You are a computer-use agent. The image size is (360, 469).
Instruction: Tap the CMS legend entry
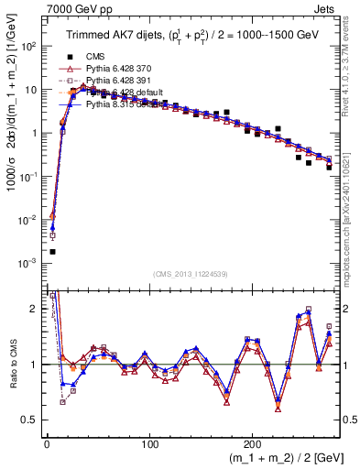point(95,56)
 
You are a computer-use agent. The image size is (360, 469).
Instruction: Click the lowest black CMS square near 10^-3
point(52,251)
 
